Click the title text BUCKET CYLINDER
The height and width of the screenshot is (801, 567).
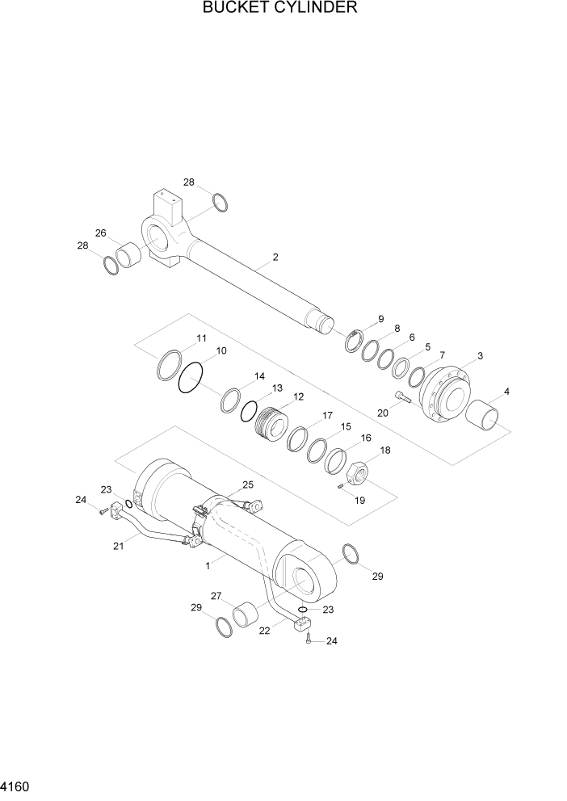point(280,8)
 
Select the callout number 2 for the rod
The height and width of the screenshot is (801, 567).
point(275,258)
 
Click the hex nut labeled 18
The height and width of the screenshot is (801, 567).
point(357,468)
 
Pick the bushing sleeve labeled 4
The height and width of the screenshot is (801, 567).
point(489,417)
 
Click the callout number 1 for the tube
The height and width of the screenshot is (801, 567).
point(208,566)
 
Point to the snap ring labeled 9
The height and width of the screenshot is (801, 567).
point(353,340)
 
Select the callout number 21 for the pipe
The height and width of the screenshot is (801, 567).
point(118,547)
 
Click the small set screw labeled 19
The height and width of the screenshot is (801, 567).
point(342,485)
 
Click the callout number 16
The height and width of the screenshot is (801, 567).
point(366,438)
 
